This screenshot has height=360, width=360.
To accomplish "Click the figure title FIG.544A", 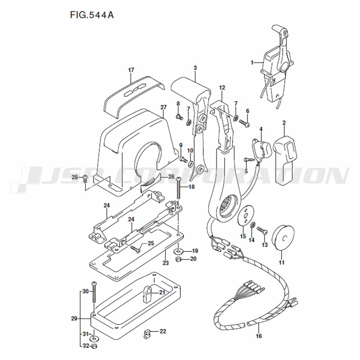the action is pos(92,15).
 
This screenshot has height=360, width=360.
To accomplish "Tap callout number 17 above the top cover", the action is pos(131,70).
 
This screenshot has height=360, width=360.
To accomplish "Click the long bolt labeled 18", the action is pos(179,188).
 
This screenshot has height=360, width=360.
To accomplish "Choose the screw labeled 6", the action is pos(244,123).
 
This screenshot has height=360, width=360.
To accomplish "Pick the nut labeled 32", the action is pos(94,346).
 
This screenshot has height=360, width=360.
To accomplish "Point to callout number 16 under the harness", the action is pos(259,336).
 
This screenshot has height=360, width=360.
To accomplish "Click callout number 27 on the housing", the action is pos(163,107).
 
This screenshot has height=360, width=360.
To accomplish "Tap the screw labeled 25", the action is pos(135,249).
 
